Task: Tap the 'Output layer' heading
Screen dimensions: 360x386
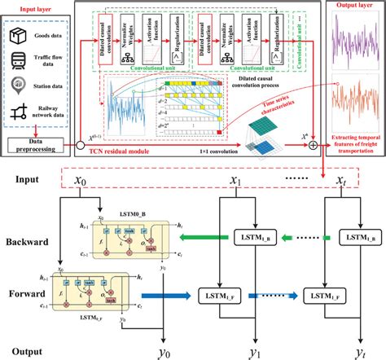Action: [x=351, y=5]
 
